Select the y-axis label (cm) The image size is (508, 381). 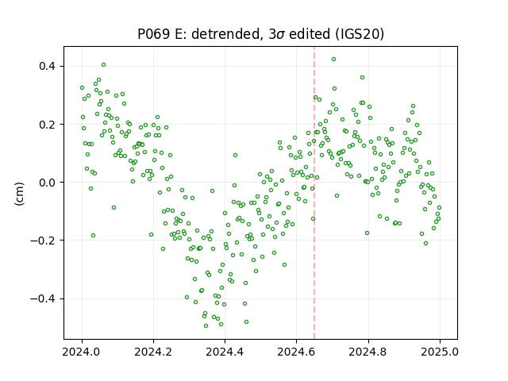tap(19, 194)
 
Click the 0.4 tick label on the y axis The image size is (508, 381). tap(48, 67)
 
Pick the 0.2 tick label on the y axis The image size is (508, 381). tap(48, 125)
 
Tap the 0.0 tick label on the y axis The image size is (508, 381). tap(48, 183)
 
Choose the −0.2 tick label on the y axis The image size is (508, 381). tap(43, 241)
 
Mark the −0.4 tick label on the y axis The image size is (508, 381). tap(43, 298)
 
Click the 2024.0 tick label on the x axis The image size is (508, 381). tap(82, 352)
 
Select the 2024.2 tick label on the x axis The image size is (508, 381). tap(153, 352)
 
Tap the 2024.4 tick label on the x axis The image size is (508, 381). tap(225, 352)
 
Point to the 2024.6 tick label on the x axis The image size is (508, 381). tap(296, 352)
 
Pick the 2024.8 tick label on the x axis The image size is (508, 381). tap(368, 352)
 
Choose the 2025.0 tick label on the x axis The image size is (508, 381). tap(440, 352)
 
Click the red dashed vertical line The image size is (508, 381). tap(314, 193)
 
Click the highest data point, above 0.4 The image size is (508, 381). tap(333, 60)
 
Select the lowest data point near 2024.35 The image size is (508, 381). tap(206, 325)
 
